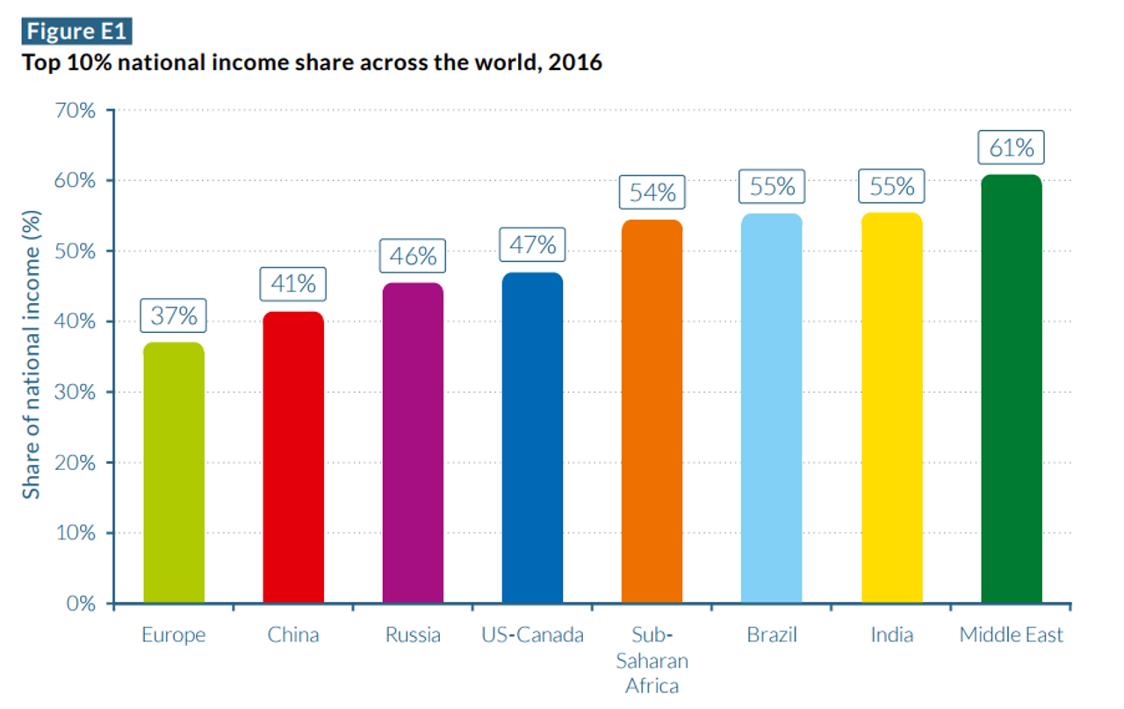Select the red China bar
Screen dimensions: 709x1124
pyautogui.click(x=293, y=458)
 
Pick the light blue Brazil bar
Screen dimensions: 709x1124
pyautogui.click(x=771, y=409)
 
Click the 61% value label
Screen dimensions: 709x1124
pyautogui.click(x=1012, y=148)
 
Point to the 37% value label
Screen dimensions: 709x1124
pyautogui.click(x=174, y=315)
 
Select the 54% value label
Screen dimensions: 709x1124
pyautogui.click(x=652, y=192)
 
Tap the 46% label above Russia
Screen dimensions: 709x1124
pyautogui.click(x=413, y=256)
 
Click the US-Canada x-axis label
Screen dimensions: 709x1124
pyautogui.click(x=532, y=635)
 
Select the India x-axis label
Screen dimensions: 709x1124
pyautogui.click(x=891, y=635)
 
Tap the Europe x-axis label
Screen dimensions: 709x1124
pyautogui.click(x=174, y=635)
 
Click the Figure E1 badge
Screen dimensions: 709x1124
pyautogui.click(x=76, y=32)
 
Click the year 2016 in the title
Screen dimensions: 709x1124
pyautogui.click(x=576, y=63)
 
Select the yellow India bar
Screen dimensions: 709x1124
pyautogui.click(x=891, y=409)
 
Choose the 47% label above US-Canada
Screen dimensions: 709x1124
pyautogui.click(x=532, y=244)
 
